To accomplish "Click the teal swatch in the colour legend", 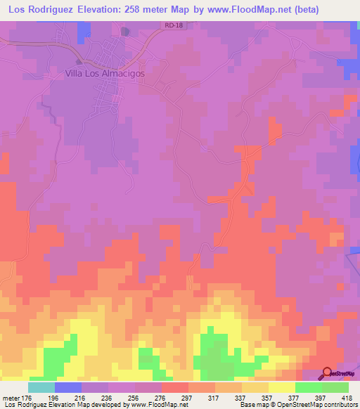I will pyautogui.click(x=41, y=388).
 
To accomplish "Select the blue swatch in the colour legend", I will pyautogui.click(x=67, y=388).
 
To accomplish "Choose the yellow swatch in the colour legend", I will pyautogui.click(x=282, y=388).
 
